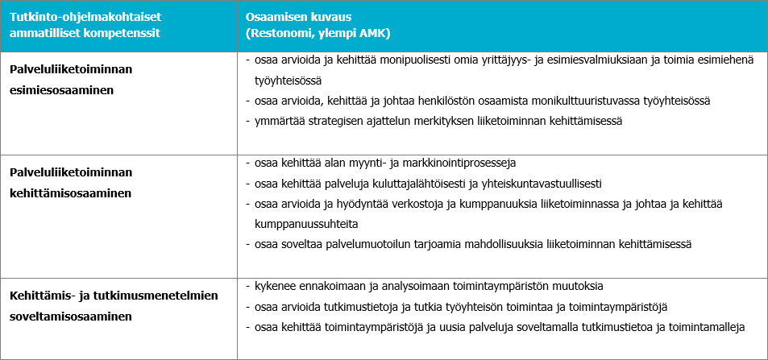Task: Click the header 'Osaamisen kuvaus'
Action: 293,17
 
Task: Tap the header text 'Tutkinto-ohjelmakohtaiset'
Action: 77,17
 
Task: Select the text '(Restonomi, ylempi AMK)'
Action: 318,34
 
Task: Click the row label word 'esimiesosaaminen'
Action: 61,89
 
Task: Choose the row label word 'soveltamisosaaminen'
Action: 71,317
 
